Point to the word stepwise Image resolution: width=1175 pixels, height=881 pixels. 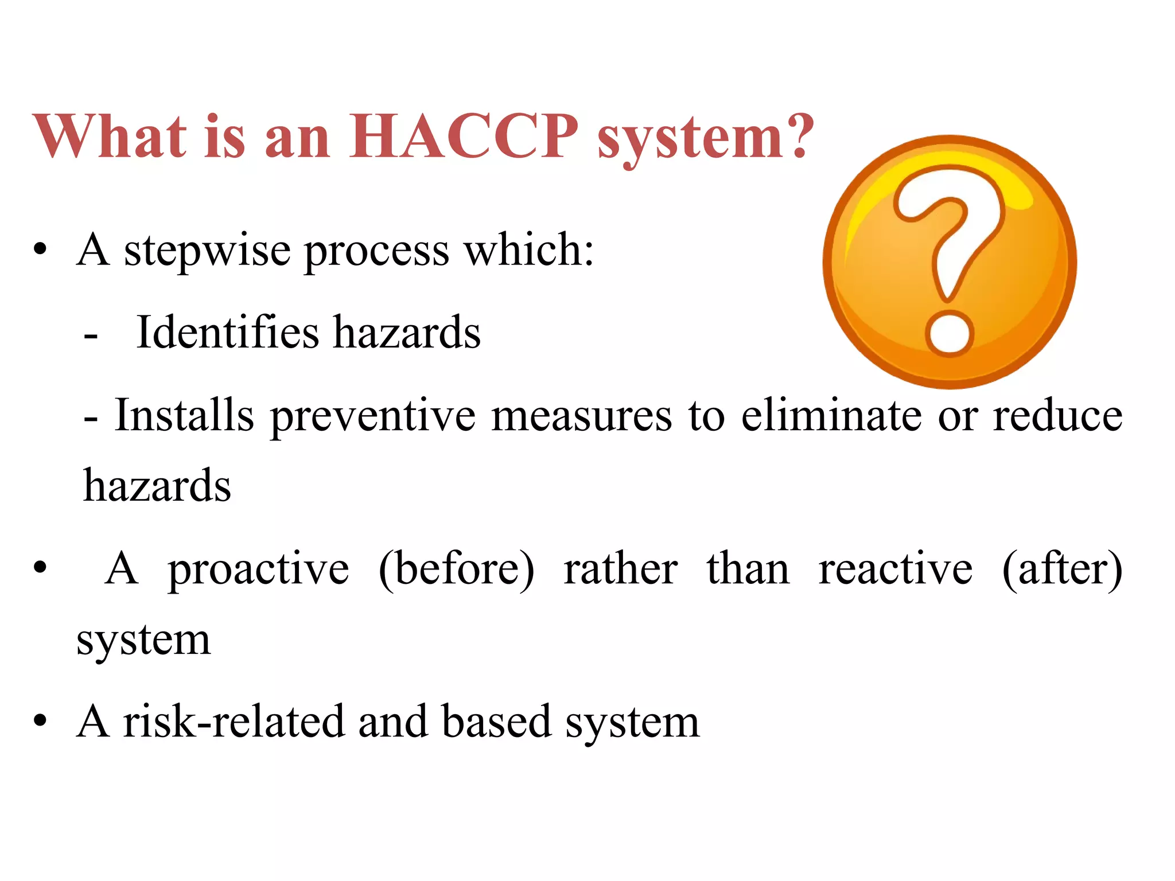207,251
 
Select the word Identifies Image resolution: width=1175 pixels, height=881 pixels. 227,333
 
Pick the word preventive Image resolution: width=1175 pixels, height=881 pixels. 373,416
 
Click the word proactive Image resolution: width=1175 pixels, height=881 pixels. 258,570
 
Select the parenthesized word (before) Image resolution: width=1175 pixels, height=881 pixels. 457,570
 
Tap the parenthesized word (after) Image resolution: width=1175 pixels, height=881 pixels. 1062,570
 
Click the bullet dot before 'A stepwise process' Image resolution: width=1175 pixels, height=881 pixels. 40,250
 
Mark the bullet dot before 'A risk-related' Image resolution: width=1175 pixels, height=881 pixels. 40,720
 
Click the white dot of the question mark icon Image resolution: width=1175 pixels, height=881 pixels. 950,333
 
